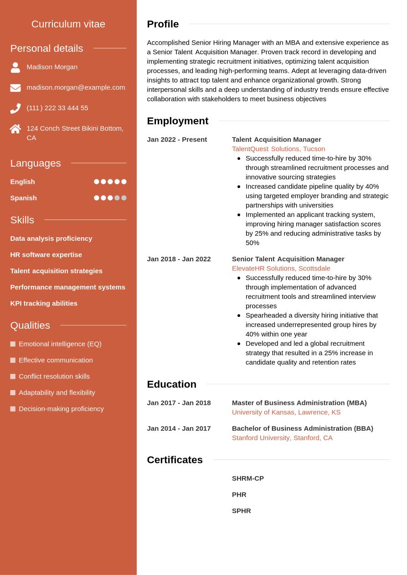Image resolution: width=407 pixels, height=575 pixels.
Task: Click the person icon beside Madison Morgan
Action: click(15, 67)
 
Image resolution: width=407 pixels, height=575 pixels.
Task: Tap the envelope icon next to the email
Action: click(15, 88)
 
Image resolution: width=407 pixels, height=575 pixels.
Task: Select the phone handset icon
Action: click(15, 108)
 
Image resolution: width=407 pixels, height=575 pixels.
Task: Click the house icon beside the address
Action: click(15, 129)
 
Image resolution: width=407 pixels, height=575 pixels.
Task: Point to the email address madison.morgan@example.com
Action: click(76, 87)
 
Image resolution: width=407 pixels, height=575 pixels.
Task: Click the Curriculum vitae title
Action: click(68, 24)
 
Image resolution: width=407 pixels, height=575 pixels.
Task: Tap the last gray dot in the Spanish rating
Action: click(124, 198)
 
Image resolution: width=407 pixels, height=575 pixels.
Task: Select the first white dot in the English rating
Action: click(97, 182)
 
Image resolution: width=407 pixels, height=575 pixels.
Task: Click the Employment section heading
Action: click(177, 121)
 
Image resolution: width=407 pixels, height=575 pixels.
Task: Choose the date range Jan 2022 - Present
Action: click(177, 139)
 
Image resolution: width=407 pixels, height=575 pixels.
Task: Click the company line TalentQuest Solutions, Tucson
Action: click(278, 149)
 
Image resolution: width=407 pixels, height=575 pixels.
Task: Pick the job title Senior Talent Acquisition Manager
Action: click(288, 259)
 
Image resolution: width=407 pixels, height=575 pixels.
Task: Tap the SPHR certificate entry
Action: click(242, 511)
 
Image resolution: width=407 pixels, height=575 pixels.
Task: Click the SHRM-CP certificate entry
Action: click(248, 478)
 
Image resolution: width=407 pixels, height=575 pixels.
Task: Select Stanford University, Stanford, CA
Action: click(282, 438)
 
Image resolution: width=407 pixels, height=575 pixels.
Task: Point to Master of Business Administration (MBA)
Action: click(299, 403)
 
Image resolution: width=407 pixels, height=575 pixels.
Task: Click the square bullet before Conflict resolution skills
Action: click(13, 377)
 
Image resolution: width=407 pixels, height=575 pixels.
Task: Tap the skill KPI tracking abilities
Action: click(44, 303)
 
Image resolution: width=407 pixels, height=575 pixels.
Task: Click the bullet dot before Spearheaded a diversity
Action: click(239, 315)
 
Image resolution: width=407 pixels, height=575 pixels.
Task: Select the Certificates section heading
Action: click(175, 460)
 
